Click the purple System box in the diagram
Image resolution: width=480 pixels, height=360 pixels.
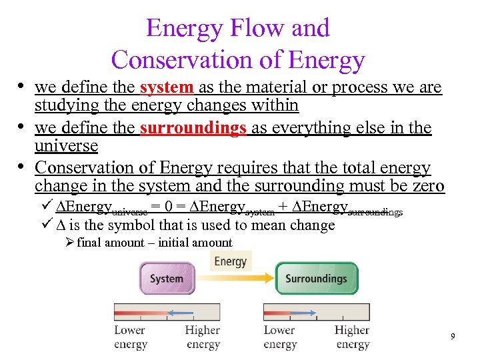tap(167, 278)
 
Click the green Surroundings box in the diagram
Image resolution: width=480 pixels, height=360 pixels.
tap(316, 278)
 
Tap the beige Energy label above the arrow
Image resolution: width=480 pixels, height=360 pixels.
tap(231, 260)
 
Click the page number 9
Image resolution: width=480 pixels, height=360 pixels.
tap(453, 337)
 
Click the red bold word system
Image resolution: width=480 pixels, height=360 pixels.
tap(167, 87)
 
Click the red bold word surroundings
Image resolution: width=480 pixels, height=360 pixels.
tap(193, 127)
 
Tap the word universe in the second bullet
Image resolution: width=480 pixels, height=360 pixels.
tap(66, 145)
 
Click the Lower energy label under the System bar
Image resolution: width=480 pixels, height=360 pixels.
tap(130, 337)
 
